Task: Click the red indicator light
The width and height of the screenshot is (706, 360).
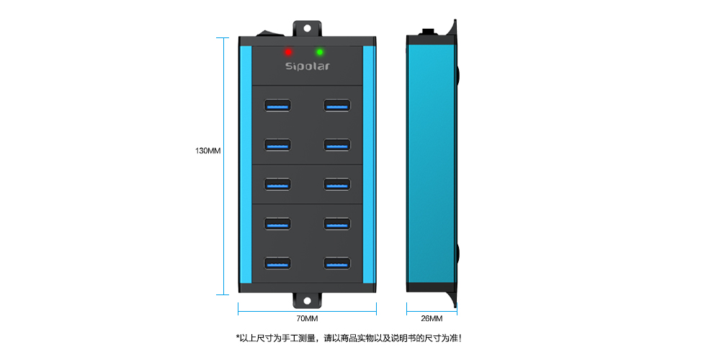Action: (288, 52)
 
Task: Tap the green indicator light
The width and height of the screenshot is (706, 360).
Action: (320, 52)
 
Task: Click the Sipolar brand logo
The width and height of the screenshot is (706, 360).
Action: (308, 66)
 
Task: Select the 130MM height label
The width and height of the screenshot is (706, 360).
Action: (208, 150)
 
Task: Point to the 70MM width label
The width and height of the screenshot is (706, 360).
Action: (307, 318)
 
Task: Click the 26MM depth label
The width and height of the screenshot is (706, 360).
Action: (432, 318)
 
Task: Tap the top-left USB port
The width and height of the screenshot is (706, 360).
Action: (277, 105)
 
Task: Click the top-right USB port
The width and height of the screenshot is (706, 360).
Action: (337, 105)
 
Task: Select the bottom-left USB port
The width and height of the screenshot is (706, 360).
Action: (277, 264)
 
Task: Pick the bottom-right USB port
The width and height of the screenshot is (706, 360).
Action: (337, 264)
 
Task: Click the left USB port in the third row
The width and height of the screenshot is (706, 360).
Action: (277, 184)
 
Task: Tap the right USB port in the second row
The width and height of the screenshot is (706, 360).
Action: (337, 145)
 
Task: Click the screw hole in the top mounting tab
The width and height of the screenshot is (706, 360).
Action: (307, 28)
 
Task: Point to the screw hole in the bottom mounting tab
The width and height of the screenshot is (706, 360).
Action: (307, 301)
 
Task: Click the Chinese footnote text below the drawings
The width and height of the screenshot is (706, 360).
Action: (349, 338)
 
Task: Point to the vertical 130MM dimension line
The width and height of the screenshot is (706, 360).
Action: (223, 166)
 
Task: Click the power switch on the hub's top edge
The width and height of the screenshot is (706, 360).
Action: (269, 33)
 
